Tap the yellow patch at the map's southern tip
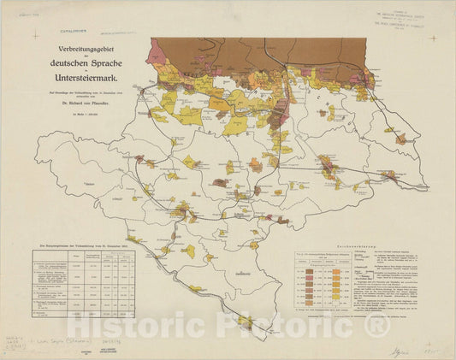pyautogui.click(x=246, y=322)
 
